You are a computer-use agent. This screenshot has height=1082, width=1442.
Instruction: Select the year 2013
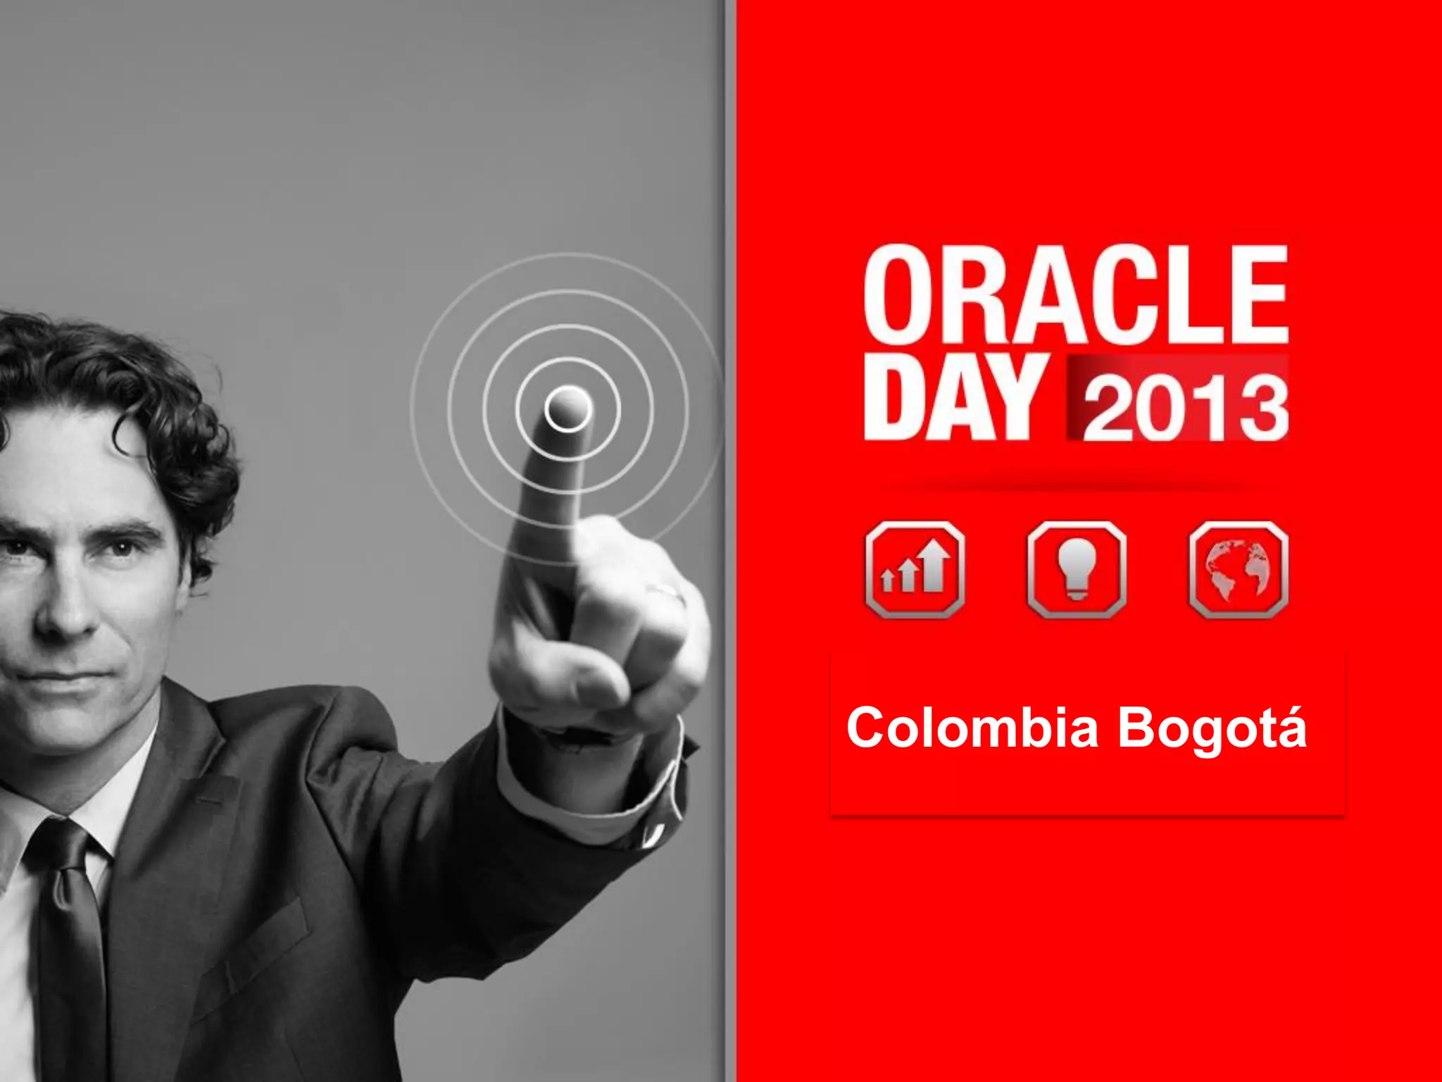pyautogui.click(x=1186, y=407)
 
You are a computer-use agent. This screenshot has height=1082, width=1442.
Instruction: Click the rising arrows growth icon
pyautogui.click(x=915, y=570)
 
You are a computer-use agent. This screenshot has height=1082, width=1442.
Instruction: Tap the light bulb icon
pyautogui.click(x=1077, y=570)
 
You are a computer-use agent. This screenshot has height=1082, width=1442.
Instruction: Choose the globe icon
pyautogui.click(x=1239, y=570)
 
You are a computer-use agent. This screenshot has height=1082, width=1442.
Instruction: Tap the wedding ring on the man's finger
pyautogui.click(x=665, y=592)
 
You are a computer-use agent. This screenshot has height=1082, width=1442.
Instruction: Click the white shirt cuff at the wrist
pyautogui.click(x=598, y=789)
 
